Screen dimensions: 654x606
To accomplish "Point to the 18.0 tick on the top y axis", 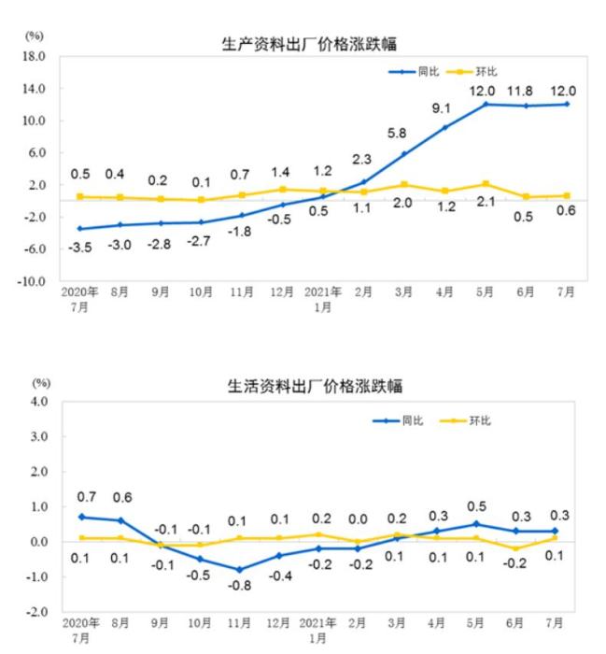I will point(35,56).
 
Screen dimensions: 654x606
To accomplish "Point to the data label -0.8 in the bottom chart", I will point(241,586).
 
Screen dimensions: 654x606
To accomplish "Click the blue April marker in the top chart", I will point(444,127).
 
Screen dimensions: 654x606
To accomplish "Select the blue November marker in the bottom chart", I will point(241,570).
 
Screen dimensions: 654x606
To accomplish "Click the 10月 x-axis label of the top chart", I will point(201,291).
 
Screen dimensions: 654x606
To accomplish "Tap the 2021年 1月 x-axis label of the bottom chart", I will point(322,631).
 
